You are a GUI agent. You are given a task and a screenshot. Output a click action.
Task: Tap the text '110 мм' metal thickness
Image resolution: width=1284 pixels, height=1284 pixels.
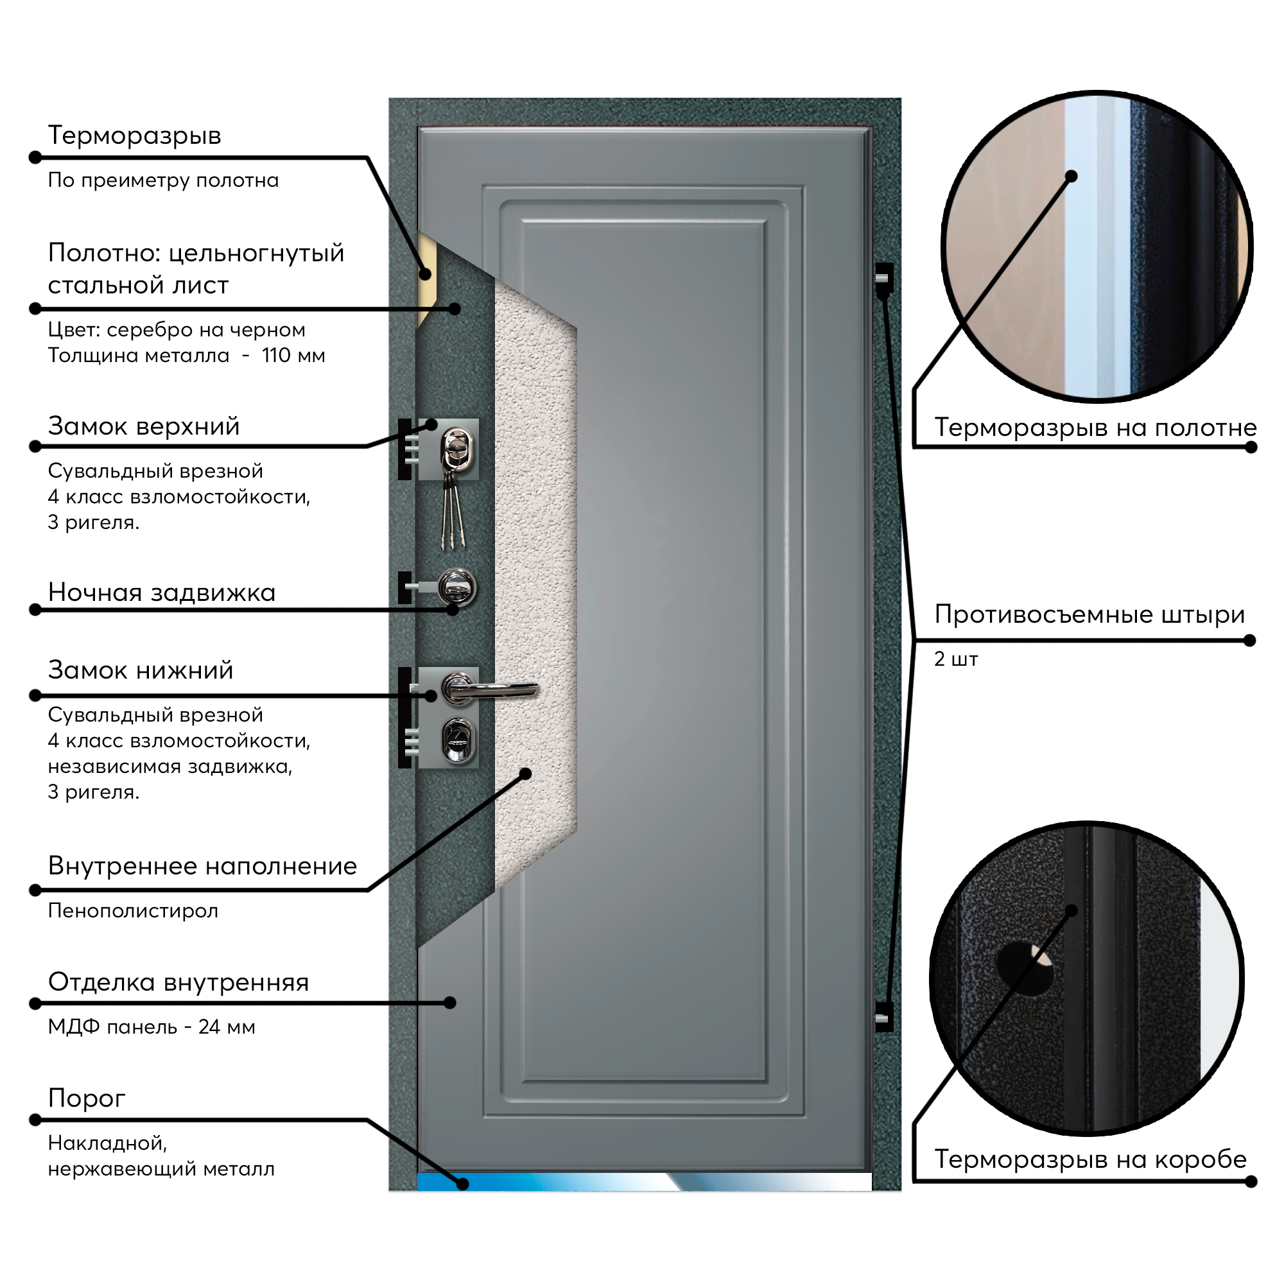coord(293,356)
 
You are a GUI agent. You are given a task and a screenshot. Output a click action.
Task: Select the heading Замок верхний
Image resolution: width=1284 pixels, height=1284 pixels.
coord(144,426)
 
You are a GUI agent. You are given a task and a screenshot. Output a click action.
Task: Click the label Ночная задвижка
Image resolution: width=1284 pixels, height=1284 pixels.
coord(162,593)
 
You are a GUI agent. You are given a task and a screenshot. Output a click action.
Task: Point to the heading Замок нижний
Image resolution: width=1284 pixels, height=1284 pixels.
coord(141,670)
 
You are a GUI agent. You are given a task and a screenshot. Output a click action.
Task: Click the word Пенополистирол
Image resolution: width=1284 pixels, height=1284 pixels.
coord(133,910)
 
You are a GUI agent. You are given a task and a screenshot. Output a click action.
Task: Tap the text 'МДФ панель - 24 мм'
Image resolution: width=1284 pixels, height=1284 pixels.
coord(152,1027)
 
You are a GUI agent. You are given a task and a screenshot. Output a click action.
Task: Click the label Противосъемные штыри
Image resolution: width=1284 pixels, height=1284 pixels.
coord(1089,615)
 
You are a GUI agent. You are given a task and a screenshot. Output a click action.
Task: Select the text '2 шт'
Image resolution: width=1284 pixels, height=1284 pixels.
coord(957,659)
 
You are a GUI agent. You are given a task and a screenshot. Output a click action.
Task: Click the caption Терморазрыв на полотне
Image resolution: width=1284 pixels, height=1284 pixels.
coord(1095,428)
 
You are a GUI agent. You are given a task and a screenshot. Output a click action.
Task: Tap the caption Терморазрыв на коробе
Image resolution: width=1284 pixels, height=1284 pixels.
coord(1091,1159)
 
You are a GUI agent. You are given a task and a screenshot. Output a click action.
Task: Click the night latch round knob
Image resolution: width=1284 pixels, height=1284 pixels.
coord(457,587)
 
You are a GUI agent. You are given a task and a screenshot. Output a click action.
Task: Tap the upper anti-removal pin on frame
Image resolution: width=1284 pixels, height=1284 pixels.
coord(883,279)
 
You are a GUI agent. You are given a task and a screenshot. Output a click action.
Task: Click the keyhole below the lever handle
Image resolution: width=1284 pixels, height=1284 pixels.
coord(458,740)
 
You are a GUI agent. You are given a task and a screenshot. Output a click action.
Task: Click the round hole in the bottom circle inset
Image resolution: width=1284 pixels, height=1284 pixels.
coord(1024,968)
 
